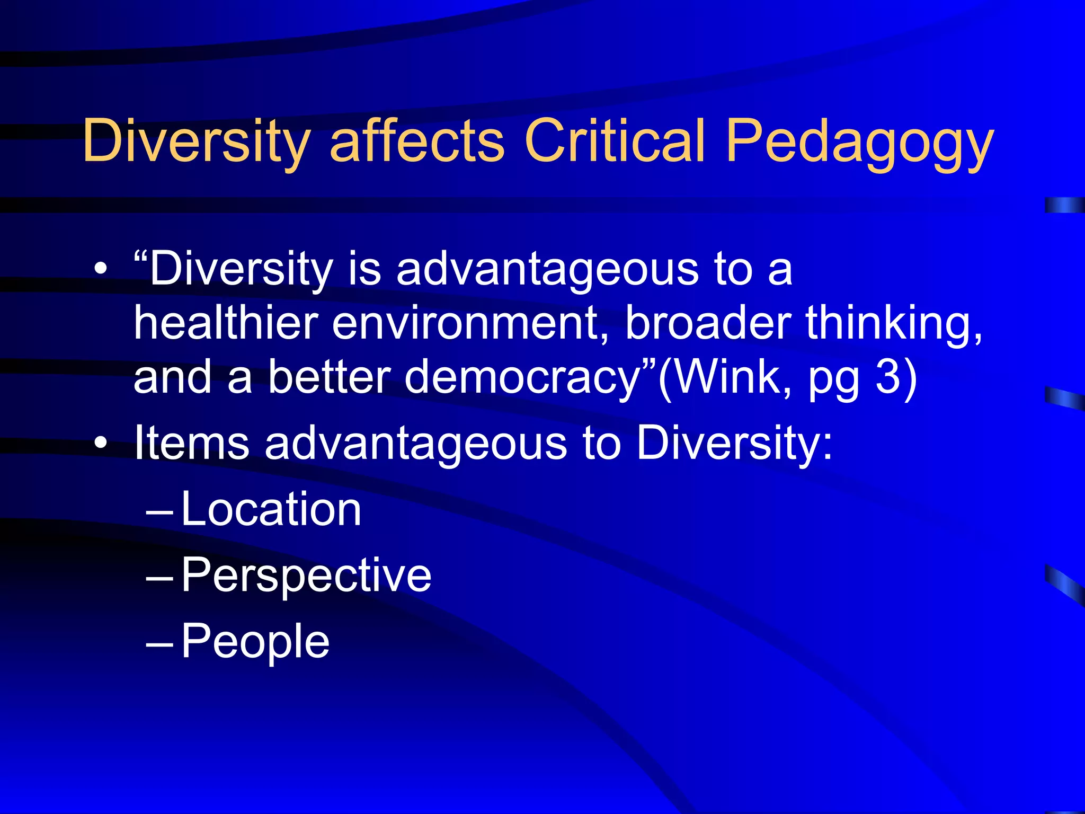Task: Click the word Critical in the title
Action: click(615, 140)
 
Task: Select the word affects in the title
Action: click(417, 140)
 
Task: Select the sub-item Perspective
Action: click(306, 577)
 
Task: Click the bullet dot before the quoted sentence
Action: click(101, 270)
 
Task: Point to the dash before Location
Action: click(159, 512)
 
